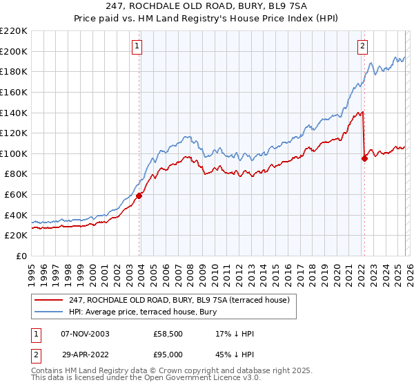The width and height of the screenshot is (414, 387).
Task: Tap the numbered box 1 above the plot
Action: (x=137, y=46)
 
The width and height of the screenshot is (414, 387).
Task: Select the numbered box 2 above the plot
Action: (x=362, y=46)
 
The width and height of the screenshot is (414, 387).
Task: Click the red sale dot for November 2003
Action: (x=139, y=196)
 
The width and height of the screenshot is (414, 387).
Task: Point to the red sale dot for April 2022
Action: (x=364, y=158)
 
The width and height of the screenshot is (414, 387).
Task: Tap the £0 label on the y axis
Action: (x=21, y=256)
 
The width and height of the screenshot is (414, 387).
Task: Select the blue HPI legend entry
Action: (x=143, y=312)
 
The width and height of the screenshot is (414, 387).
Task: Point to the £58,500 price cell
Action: (x=168, y=334)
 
